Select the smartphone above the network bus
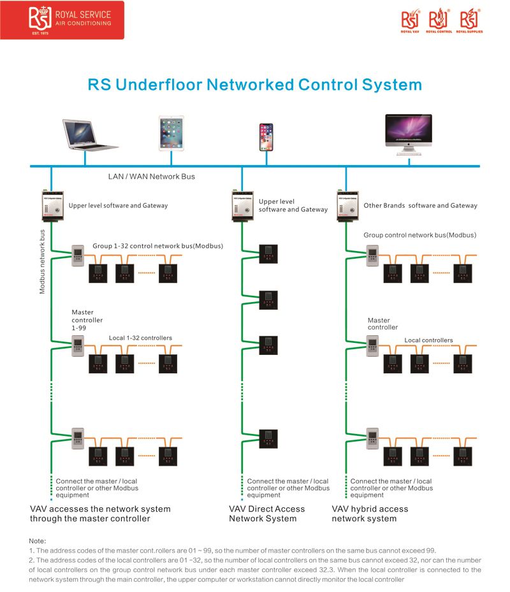[x=266, y=136]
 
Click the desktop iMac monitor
[x=408, y=134]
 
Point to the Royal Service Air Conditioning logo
[x=62, y=20]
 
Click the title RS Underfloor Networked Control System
[x=254, y=85]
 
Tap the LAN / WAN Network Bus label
[x=152, y=177]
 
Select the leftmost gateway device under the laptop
[x=52, y=206]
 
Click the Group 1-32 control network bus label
[x=157, y=245]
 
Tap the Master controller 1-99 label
[x=87, y=320]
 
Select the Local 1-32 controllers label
[x=140, y=338]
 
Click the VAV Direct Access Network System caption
[x=266, y=514]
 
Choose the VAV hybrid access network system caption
[x=370, y=514]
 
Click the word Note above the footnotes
[x=38, y=540]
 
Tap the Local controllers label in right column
[x=428, y=340]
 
